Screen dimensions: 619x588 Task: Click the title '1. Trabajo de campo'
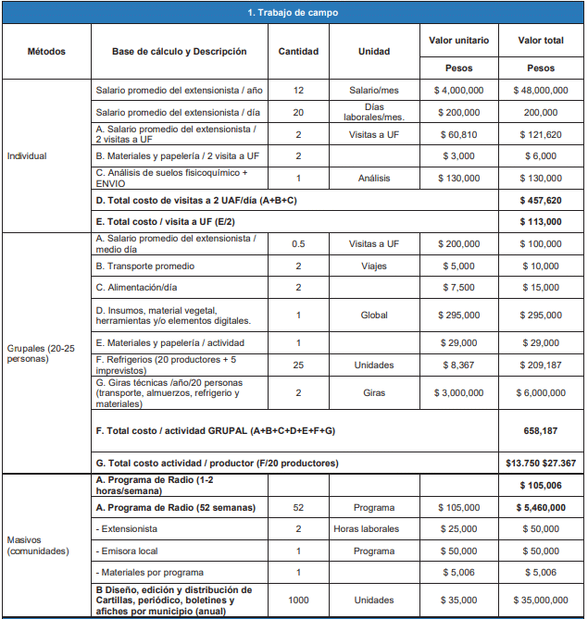pos(293,13)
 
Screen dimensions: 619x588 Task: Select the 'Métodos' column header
pos(46,52)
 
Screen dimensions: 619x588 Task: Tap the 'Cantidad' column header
pos(298,52)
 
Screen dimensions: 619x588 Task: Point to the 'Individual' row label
pos(27,155)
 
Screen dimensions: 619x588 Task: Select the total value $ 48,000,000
pos(541,91)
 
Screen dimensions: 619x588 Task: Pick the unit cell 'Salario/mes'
pos(373,91)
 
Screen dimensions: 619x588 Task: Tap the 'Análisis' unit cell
pos(373,178)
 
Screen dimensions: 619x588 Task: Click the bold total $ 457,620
pos(541,200)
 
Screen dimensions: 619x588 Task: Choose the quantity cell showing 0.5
pos(298,243)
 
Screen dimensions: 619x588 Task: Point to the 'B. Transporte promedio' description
pos(144,266)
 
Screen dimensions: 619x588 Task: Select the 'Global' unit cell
pos(373,316)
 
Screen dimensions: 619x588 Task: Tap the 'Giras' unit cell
pos(373,392)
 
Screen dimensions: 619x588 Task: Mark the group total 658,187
pos(541,430)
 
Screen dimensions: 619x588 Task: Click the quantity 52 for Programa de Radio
pos(298,507)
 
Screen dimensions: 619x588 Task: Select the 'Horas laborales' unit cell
pos(367,528)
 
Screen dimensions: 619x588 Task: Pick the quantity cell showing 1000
pos(298,600)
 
